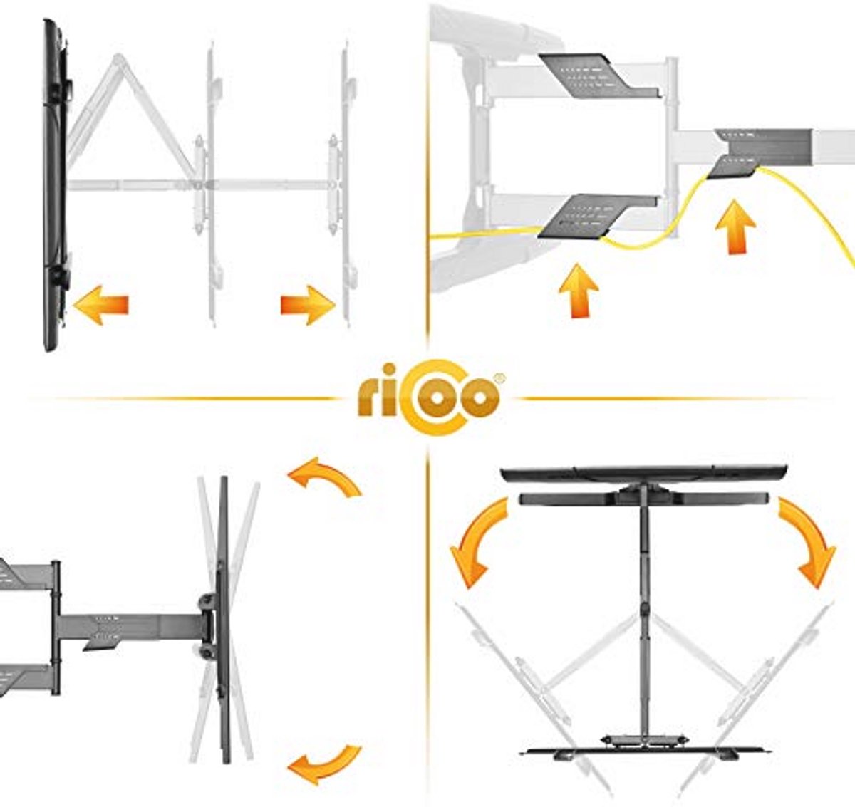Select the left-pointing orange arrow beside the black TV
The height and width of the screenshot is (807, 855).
pos(100,305)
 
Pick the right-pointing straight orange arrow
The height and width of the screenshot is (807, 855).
pos(309,305)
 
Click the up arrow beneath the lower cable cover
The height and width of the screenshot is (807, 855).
pos(579,291)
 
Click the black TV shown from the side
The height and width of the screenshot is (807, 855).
pos(55,185)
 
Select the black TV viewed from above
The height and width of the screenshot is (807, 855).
pos(644,474)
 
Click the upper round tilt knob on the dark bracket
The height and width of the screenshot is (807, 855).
pos(207,601)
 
